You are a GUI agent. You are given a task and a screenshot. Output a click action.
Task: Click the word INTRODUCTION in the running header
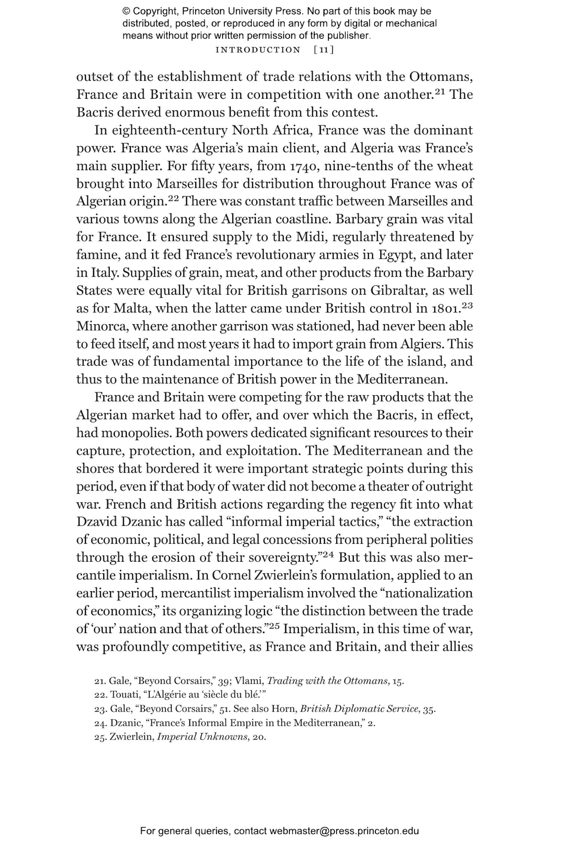(258, 50)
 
